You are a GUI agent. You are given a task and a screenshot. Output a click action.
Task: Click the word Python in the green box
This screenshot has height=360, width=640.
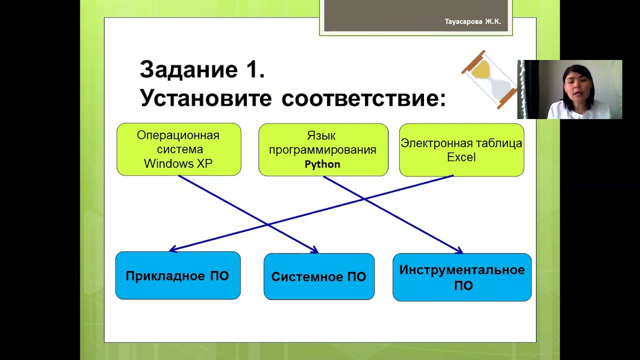click(x=322, y=164)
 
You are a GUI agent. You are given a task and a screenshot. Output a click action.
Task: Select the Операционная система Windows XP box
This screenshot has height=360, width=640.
click(x=178, y=149)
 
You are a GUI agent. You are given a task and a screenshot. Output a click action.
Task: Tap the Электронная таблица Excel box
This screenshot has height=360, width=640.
click(x=461, y=150)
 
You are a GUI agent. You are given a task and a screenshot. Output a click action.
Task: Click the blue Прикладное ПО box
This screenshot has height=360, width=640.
click(x=177, y=275)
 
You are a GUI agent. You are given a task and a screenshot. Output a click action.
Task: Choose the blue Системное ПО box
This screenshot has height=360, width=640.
click(x=318, y=276)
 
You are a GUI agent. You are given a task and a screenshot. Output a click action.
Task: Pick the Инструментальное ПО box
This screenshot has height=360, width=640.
click(x=461, y=277)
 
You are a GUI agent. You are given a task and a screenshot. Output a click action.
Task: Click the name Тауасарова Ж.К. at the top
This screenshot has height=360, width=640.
click(x=472, y=22)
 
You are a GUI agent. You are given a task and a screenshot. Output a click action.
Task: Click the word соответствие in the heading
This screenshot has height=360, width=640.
click(x=363, y=98)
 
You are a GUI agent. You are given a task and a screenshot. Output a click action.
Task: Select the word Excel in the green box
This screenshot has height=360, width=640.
click(x=461, y=157)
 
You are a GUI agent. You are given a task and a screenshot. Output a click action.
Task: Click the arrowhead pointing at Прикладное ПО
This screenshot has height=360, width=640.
click(x=172, y=249)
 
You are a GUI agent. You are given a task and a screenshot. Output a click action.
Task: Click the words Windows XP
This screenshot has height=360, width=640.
click(x=178, y=163)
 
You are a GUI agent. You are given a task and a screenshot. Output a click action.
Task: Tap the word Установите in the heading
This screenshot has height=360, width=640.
click(x=206, y=98)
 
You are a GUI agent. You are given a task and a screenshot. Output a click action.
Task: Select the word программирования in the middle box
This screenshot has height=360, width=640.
click(x=322, y=150)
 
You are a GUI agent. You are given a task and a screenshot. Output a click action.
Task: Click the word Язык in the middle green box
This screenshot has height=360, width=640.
click(x=321, y=136)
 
